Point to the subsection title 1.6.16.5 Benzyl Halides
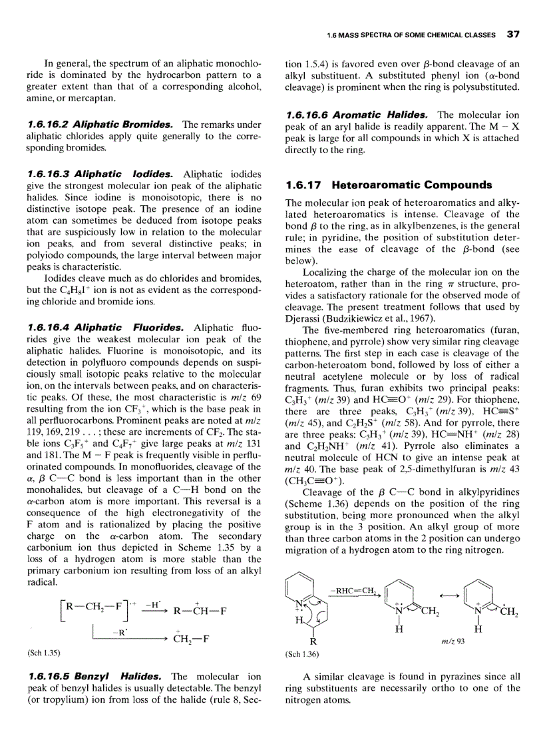point(96,676)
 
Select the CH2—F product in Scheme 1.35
point(192,640)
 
